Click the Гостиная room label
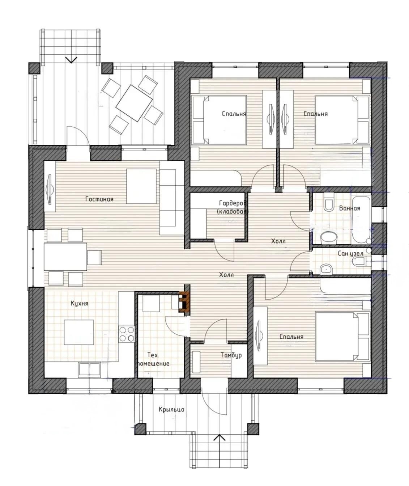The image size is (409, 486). [99, 199]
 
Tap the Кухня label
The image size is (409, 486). [80, 304]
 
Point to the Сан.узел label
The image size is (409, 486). [350, 254]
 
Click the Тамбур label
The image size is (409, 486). [231, 355]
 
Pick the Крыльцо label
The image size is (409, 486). [171, 409]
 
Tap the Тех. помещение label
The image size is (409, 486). [153, 359]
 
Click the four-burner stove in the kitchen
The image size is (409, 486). [127, 334]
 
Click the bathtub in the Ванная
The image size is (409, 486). [361, 220]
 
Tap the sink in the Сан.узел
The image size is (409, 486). [327, 270]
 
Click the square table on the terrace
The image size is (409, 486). [134, 103]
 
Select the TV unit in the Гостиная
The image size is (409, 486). [50, 186]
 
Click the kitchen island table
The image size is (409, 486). [79, 332]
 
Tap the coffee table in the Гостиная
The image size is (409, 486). [141, 186]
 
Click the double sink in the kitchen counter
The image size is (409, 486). [89, 369]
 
